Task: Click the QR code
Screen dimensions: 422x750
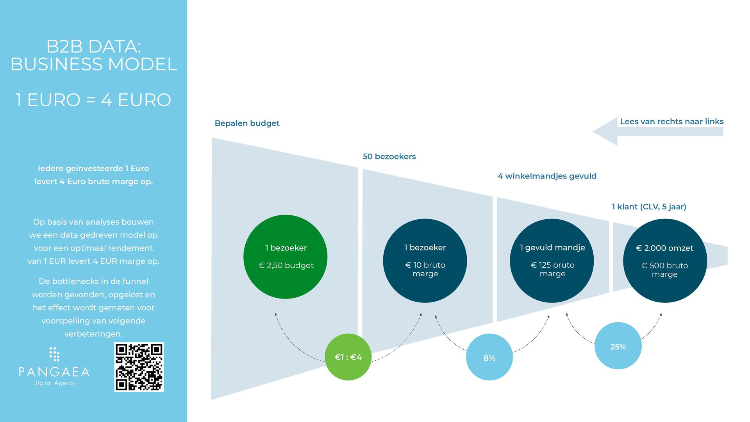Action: coord(139,367)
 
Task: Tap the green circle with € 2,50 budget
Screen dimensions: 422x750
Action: coord(285,257)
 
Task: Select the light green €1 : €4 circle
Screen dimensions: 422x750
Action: coord(348,357)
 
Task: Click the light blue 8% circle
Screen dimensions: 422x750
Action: coord(489,357)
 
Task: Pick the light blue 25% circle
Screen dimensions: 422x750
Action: coord(618,346)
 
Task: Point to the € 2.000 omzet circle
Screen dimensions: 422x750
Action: coord(665,261)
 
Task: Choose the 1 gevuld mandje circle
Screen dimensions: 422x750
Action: coord(552,261)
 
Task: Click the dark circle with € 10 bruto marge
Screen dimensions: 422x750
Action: coord(425,261)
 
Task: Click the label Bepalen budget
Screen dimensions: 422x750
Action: coord(247,123)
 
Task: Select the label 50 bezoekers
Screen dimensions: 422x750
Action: coord(389,157)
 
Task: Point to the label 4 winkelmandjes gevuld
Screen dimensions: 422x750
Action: coord(547,176)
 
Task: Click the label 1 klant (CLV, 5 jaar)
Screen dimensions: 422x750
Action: coord(649,207)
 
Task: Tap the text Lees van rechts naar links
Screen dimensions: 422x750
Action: coord(671,122)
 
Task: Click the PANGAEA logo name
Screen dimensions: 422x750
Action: coord(54,372)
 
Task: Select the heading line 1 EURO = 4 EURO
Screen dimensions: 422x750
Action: coord(93,100)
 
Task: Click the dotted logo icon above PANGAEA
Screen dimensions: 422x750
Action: coord(54,354)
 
